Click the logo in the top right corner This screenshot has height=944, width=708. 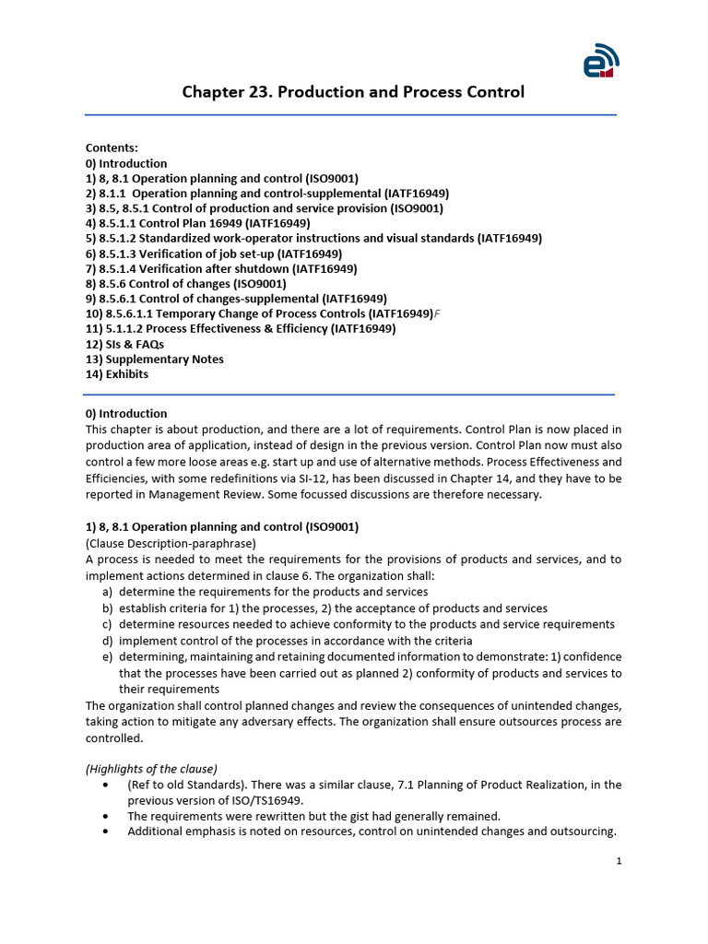[600, 61]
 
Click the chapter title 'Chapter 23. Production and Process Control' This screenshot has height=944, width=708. [353, 92]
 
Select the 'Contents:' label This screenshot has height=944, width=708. [112, 147]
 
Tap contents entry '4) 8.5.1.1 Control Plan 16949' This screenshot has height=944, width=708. [198, 223]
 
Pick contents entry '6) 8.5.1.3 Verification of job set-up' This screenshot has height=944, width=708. [214, 254]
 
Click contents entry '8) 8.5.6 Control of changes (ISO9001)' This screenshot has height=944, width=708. [186, 284]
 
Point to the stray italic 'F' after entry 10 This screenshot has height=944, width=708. [437, 314]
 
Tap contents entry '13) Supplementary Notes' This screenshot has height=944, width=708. [155, 359]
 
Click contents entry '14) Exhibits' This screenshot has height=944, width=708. [117, 374]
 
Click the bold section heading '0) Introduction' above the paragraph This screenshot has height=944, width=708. [126, 413]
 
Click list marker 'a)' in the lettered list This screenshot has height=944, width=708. [108, 592]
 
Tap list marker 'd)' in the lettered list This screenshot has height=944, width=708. [108, 641]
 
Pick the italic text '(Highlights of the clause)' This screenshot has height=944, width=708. [151, 768]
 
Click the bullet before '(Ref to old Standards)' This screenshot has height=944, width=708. [108, 785]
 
